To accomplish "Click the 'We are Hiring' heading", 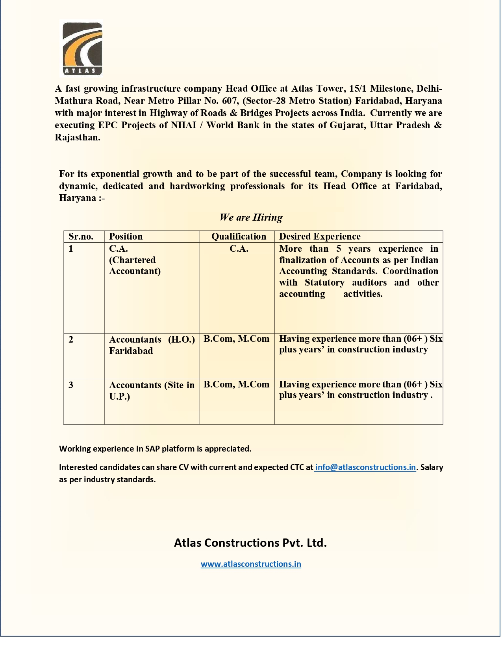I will click(251, 218).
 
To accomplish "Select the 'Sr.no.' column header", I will click(81, 236).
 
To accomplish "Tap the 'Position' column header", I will click(126, 236).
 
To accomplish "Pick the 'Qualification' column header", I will click(239, 236).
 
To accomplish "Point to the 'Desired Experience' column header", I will click(320, 236).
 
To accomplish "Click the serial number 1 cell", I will click(71, 249).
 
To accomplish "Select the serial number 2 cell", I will click(71, 339).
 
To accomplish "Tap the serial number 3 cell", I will click(71, 385).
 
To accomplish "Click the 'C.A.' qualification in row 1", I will click(239, 249).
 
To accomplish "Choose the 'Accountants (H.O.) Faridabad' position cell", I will click(152, 345).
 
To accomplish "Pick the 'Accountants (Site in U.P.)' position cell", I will click(152, 391).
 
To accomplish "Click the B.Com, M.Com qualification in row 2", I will click(236, 339).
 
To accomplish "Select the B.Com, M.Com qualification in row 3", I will click(236, 385).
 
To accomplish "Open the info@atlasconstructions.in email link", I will click(365, 467).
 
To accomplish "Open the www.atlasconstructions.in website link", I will click(251, 564).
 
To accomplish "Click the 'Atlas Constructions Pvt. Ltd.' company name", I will click(250, 543).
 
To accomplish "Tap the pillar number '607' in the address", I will click(231, 101).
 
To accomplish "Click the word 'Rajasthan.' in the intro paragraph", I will click(78, 138).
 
